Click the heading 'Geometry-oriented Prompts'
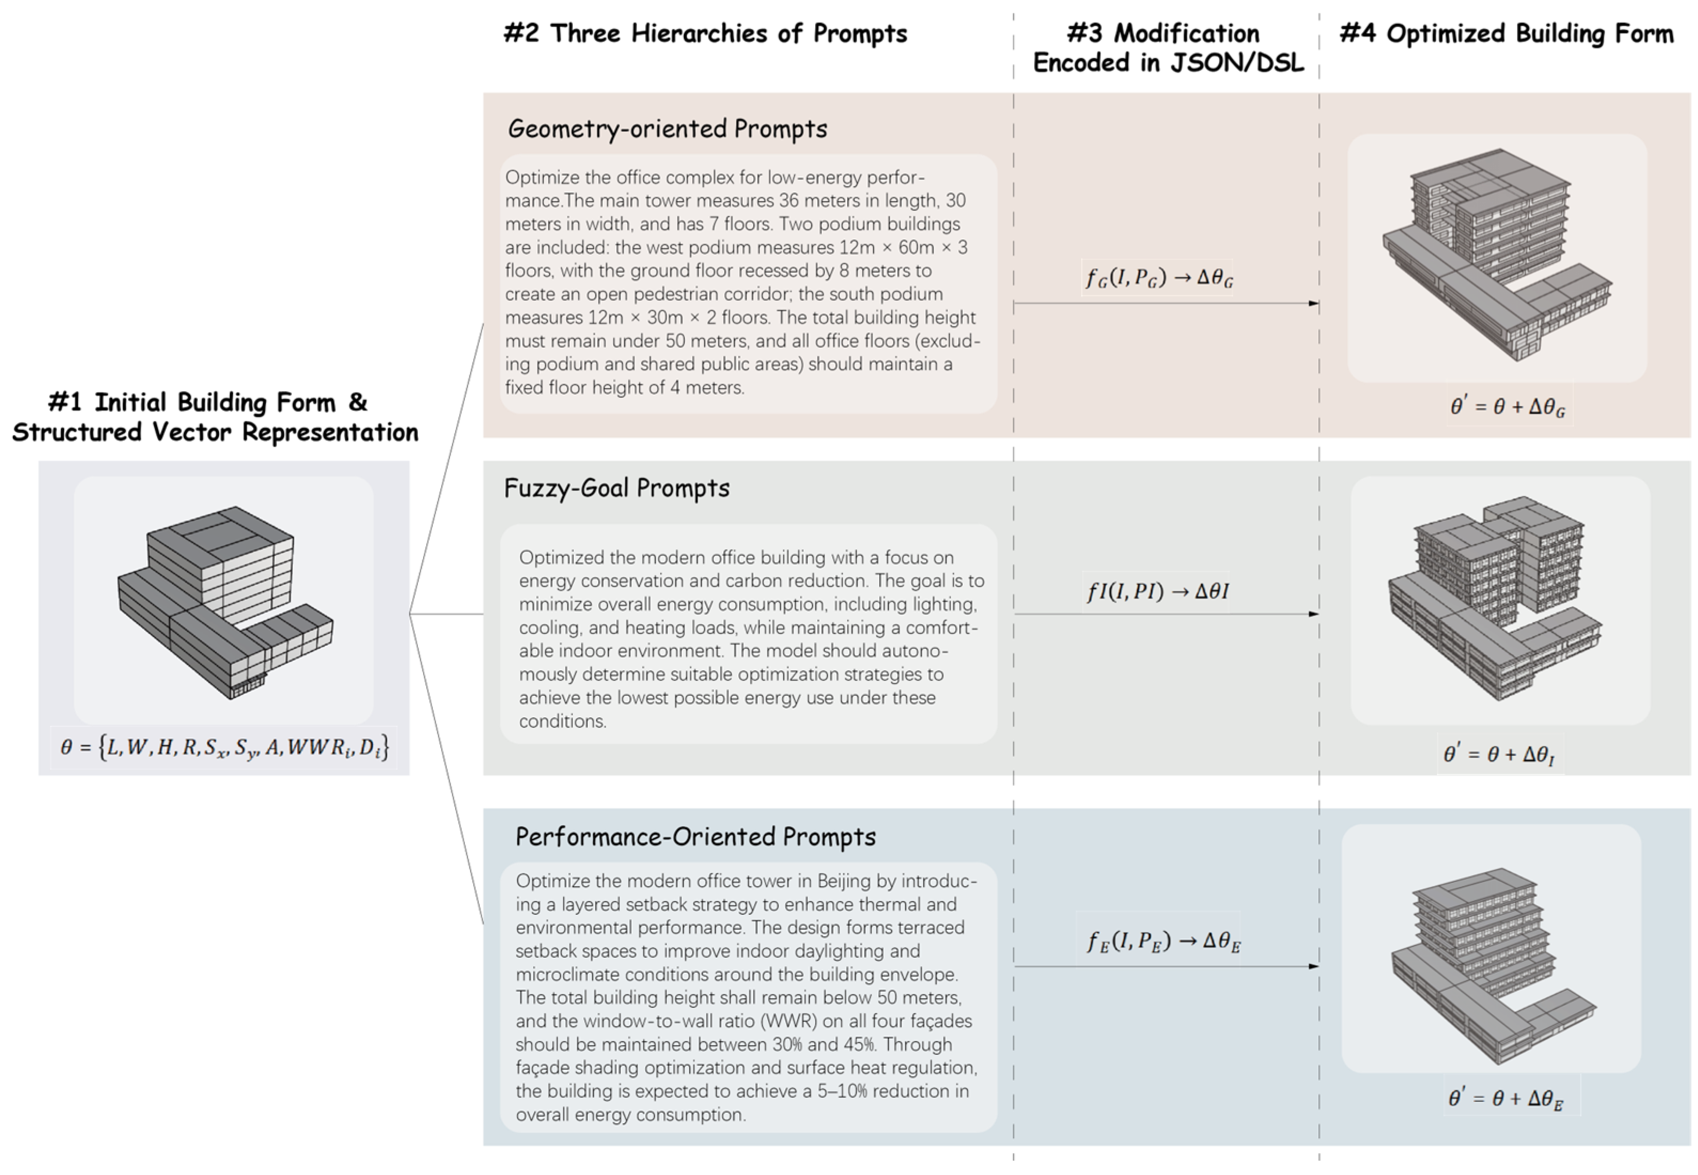tap(667, 129)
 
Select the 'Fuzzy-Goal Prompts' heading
tap(616, 488)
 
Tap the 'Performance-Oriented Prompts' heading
tap(695, 837)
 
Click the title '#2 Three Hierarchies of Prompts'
tap(705, 34)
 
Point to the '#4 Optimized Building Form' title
tap(1506, 34)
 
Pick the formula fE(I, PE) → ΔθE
tap(1163, 942)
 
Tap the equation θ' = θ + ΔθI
tap(1499, 754)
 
